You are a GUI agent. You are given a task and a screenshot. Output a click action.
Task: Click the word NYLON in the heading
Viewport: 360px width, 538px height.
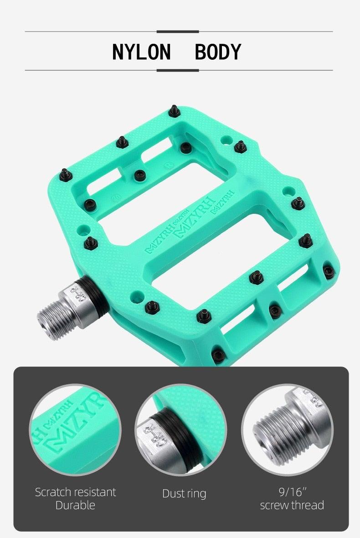pyautogui.click(x=141, y=52)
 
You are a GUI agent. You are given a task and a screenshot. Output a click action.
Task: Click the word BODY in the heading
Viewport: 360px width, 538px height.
pyautogui.click(x=218, y=52)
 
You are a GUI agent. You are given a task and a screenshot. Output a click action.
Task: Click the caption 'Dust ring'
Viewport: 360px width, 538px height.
pyautogui.click(x=184, y=493)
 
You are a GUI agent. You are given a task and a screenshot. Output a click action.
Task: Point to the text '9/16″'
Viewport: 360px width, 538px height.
pyautogui.click(x=292, y=492)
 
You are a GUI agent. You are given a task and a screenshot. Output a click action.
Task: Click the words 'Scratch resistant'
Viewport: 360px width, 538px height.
pyautogui.click(x=75, y=492)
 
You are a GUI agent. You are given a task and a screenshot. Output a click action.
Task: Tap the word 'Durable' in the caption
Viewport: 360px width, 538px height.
pyautogui.click(x=75, y=505)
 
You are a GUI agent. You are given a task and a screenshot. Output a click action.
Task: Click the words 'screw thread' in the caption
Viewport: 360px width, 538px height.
pyautogui.click(x=292, y=505)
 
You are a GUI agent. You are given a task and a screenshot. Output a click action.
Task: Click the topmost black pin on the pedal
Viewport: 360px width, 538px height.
pyautogui.click(x=174, y=110)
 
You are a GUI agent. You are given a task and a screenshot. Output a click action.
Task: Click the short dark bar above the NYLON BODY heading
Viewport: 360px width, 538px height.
pyautogui.click(x=178, y=31)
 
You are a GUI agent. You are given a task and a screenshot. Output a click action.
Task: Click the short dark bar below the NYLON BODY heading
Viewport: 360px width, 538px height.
pyautogui.click(x=178, y=70)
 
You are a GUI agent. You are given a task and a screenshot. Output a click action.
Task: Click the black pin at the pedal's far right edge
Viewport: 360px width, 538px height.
pyautogui.click(x=329, y=272)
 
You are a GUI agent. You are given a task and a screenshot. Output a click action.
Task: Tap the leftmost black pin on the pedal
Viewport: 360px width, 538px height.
pyautogui.click(x=65, y=174)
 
